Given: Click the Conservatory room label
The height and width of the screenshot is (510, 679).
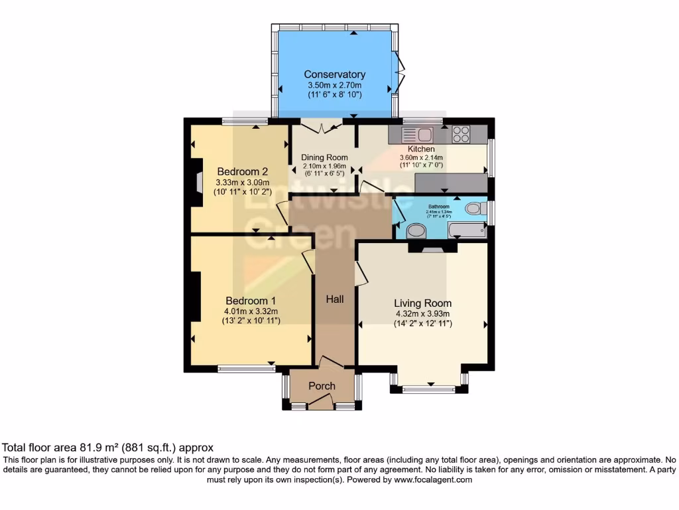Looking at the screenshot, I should [x=334, y=74].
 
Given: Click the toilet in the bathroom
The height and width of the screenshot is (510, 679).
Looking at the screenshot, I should [x=474, y=209].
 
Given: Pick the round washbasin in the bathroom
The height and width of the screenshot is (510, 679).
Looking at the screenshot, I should [x=416, y=232].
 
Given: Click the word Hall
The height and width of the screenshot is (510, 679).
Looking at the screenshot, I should [x=335, y=299].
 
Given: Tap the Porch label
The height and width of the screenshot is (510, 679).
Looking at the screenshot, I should [x=322, y=386].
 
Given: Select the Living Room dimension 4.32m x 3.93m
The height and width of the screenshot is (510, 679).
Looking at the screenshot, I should [x=423, y=314].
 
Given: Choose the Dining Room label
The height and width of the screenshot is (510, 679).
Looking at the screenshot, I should [x=325, y=157].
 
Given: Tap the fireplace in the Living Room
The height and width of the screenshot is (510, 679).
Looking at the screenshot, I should [x=432, y=248].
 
